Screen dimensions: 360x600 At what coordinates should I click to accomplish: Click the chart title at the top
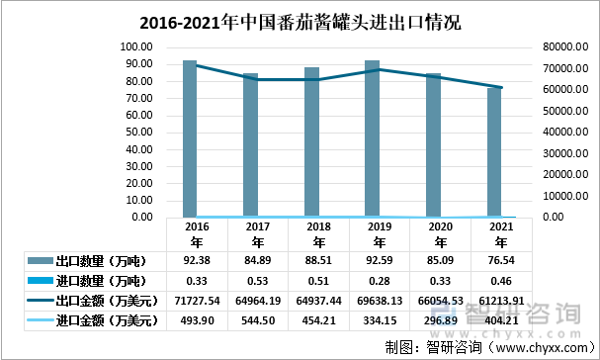click(x=300, y=21)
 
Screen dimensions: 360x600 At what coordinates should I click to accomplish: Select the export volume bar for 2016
click(x=190, y=138)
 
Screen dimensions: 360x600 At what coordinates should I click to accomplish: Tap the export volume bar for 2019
click(x=372, y=138)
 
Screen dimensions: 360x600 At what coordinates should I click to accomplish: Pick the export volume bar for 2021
click(x=494, y=152)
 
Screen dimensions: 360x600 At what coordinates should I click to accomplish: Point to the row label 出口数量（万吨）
click(x=100, y=261)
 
